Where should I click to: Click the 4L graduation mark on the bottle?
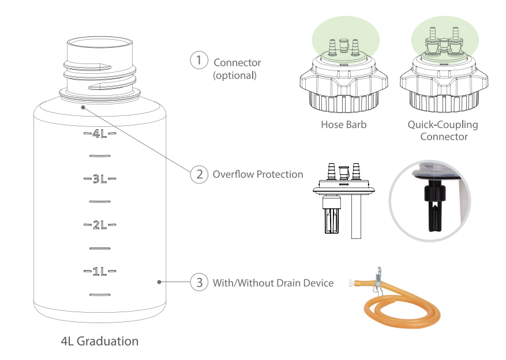[100, 133]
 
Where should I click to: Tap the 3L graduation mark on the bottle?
[100, 179]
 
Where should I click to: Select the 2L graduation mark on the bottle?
[100, 225]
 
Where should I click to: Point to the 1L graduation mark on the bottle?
[100, 271]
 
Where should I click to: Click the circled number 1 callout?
[199, 61]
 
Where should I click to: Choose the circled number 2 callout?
[199, 174]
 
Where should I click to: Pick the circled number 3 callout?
[199, 283]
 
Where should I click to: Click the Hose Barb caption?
[343, 124]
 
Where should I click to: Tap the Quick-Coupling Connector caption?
[443, 130]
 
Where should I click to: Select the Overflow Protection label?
[258, 174]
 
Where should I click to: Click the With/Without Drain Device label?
[273, 283]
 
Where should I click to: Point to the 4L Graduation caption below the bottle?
[100, 341]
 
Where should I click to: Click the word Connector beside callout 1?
[237, 62]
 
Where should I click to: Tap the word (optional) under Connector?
[235, 75]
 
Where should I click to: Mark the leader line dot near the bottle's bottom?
[159, 282]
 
